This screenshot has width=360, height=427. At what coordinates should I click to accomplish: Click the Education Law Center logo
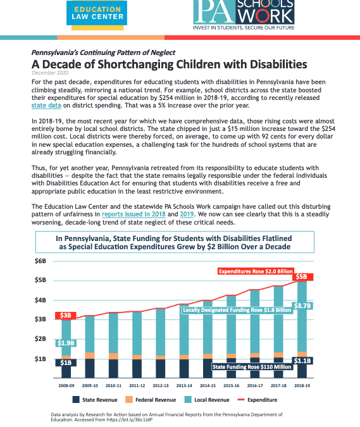pos(97,15)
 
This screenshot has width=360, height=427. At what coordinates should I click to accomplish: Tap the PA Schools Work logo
pos(244,15)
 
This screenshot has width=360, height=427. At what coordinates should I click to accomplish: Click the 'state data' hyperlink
pos(46,106)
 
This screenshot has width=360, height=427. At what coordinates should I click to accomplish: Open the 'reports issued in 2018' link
pos(133,214)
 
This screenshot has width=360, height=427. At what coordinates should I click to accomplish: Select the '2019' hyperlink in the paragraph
pos(187,214)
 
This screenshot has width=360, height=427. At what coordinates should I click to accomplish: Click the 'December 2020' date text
pos(50,73)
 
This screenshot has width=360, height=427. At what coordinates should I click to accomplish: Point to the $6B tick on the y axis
pos(40,261)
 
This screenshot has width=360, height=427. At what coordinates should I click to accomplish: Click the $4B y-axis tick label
pos(40,300)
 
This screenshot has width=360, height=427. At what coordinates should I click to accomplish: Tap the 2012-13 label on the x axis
pos(161,386)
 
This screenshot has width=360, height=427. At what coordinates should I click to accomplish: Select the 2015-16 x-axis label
pos(232,386)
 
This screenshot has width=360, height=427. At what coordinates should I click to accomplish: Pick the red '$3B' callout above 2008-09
pos(65,316)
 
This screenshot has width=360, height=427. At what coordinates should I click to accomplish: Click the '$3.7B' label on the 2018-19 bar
pos(302,306)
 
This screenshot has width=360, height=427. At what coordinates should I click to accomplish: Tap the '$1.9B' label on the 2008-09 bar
pos(66,343)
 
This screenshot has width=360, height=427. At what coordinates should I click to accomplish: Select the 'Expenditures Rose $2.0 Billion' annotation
pos(256,271)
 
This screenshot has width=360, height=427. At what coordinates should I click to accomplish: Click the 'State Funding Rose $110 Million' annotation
pos(252,367)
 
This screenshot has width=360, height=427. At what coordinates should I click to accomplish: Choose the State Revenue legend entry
pos(95,400)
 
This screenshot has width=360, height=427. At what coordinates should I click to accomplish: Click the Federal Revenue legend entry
pos(151,400)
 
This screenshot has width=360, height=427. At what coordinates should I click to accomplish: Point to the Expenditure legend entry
pos(258,400)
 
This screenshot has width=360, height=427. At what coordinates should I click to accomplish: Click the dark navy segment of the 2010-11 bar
pos(113,368)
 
